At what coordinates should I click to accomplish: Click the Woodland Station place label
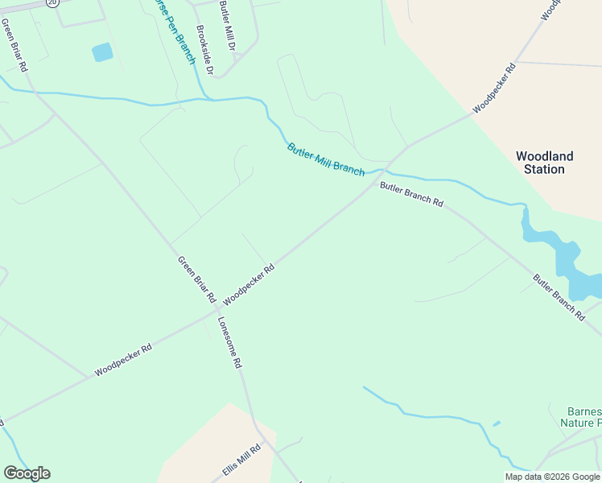(544, 163)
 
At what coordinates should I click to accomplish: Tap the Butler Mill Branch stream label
(325, 159)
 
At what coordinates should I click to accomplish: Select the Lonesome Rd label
(229, 341)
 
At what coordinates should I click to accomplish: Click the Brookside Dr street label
(204, 50)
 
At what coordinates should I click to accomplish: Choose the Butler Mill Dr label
(225, 27)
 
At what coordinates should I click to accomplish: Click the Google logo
(27, 473)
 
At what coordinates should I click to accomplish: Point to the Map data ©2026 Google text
(553, 477)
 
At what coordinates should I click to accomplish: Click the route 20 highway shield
(52, 2)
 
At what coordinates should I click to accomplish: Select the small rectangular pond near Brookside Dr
(102, 52)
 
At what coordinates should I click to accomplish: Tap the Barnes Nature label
(580, 416)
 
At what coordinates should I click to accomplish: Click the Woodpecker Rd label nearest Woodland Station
(493, 87)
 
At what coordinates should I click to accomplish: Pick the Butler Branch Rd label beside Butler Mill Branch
(411, 194)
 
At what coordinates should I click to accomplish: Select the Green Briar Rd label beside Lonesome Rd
(196, 279)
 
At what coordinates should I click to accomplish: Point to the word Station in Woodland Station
(544, 170)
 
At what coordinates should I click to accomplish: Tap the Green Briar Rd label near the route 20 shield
(14, 45)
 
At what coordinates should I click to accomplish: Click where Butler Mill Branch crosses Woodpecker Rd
(388, 169)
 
